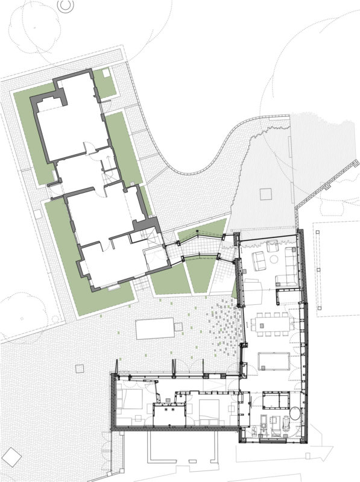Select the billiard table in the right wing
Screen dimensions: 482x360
(x=274, y=360)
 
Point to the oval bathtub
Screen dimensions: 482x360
(x=295, y=415)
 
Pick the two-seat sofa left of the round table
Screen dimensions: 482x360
(x=260, y=261)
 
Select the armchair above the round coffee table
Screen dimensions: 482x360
(x=270, y=246)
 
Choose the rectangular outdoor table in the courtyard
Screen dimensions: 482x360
(x=154, y=329)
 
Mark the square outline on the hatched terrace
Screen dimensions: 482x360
(x=266, y=194)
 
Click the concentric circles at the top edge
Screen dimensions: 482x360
(x=65, y=5)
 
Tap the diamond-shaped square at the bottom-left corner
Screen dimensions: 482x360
(x=9, y=454)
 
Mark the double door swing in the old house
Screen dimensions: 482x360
(x=89, y=148)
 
